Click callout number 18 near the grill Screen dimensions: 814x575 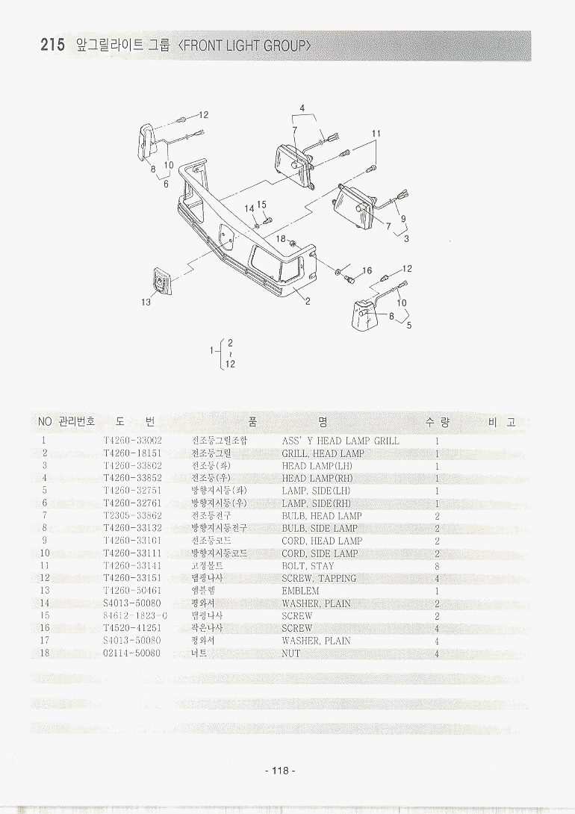point(281,238)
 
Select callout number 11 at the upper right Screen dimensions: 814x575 point(376,134)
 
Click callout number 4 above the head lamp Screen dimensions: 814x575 point(302,108)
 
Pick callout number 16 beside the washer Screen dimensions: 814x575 point(367,270)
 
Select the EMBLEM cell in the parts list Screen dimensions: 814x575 point(300,591)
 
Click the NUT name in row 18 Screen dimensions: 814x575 point(290,653)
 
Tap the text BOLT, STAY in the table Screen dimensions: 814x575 point(308,566)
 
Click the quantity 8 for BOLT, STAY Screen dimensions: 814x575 point(437,566)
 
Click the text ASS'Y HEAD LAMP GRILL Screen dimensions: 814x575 point(340,441)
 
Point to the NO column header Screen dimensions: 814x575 point(45,422)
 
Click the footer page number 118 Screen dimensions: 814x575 point(280,771)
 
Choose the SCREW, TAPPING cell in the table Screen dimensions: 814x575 point(319,578)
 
